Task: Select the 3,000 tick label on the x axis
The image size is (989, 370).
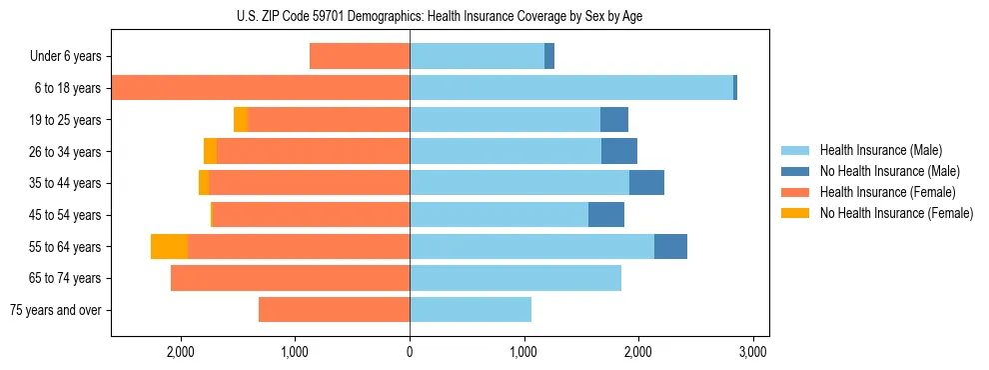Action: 752,353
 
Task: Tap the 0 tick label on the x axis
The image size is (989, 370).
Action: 410,353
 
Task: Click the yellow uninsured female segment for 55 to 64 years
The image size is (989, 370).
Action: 169,247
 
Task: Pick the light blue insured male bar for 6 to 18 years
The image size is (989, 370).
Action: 570,88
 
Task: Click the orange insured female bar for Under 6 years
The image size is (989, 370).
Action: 360,57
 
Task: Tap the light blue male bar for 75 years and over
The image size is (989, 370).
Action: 470,310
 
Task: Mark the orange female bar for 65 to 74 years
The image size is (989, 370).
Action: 290,278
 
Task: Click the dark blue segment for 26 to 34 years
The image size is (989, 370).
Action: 619,152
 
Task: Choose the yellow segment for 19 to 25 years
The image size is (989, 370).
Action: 241,120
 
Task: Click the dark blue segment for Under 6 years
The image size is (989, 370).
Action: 549,57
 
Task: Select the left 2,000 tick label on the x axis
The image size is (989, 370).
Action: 181,353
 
